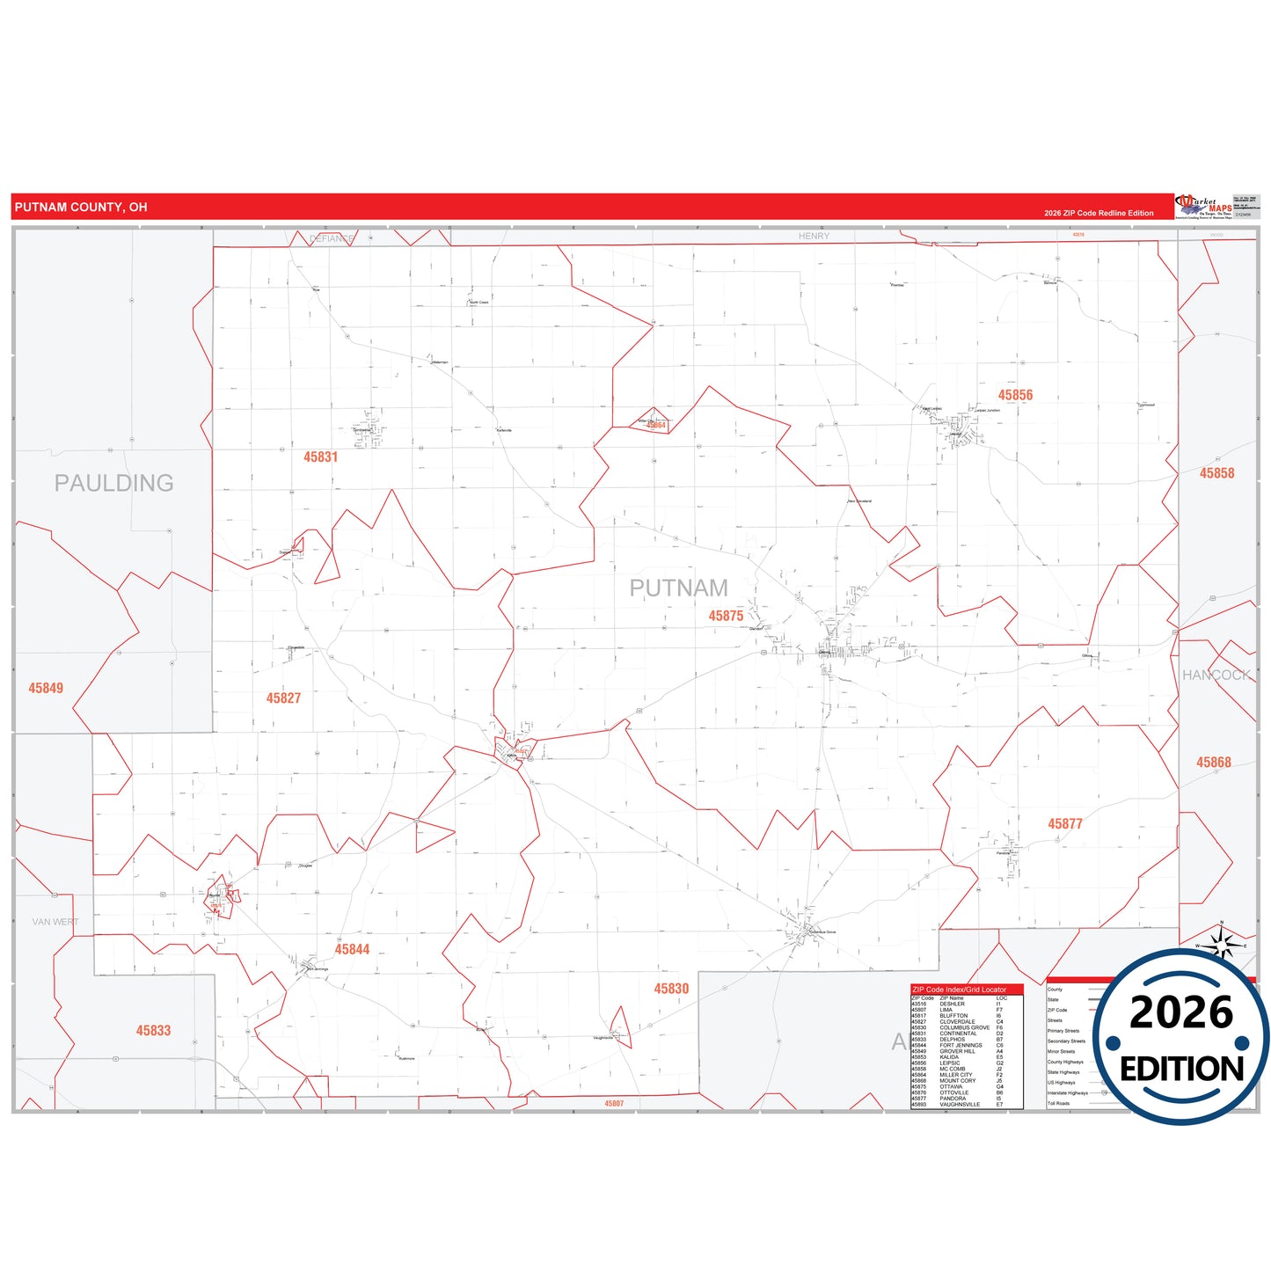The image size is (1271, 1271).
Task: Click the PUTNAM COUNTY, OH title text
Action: pyautogui.click(x=81, y=208)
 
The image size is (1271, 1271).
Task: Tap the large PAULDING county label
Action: pyautogui.click(x=114, y=483)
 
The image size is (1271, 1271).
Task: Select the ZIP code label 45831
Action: pyautogui.click(x=321, y=457)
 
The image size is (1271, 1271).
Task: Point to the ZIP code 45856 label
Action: pyautogui.click(x=1015, y=396)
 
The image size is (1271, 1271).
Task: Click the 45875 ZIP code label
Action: pyautogui.click(x=727, y=616)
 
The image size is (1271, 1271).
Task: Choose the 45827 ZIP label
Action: pyautogui.click(x=284, y=698)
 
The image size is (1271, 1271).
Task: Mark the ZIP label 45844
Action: pyautogui.click(x=352, y=950)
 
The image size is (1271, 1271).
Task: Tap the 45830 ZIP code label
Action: pyautogui.click(x=671, y=989)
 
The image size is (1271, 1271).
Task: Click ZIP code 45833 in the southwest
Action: pyautogui.click(x=153, y=1031)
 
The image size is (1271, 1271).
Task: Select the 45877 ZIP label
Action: pyautogui.click(x=1065, y=824)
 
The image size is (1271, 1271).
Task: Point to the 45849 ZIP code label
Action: pyautogui.click(x=46, y=689)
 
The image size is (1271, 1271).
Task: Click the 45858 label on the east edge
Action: pyautogui.click(x=1217, y=473)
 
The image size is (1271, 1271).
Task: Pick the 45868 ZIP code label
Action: pyautogui.click(x=1214, y=763)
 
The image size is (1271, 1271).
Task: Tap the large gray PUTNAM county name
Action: pyautogui.click(x=678, y=588)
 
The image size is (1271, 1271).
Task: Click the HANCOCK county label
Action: pyautogui.click(x=1216, y=675)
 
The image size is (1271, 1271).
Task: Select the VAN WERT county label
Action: pyautogui.click(x=55, y=922)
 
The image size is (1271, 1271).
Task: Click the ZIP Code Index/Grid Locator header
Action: pyautogui.click(x=960, y=990)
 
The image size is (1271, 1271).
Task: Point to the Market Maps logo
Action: pyautogui.click(x=1203, y=207)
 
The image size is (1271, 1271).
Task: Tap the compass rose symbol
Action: pyautogui.click(x=1222, y=944)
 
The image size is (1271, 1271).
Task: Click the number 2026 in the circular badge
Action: pyautogui.click(x=1181, y=1012)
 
